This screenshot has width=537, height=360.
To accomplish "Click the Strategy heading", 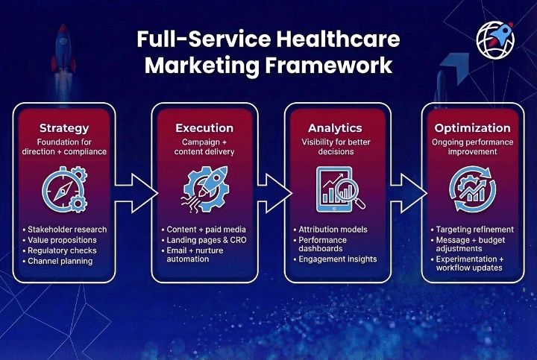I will pyautogui.click(x=64, y=128).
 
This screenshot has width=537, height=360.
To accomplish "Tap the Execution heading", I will pyautogui.click(x=204, y=128).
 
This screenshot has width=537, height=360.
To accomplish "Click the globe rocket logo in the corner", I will pyautogui.click(x=496, y=40).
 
